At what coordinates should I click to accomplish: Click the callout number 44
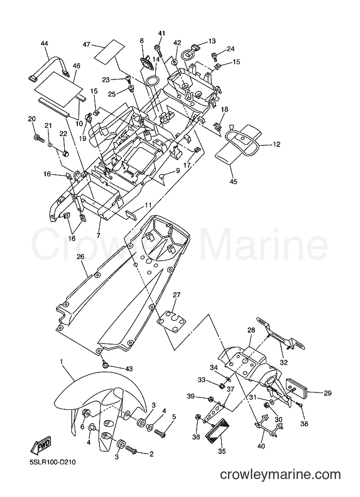point(45,44)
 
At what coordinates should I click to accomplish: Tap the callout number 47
point(87,45)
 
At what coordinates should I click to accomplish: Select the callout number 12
point(277,145)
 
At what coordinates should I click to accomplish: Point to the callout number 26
point(81,257)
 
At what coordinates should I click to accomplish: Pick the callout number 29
point(327,393)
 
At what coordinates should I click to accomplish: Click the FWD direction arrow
point(42,446)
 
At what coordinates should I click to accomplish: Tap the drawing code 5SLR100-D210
point(53,463)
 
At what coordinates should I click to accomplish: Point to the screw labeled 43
point(105,365)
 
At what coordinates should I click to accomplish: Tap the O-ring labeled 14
point(152,81)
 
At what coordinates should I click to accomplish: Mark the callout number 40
point(261,446)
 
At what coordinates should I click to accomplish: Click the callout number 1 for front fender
point(61,361)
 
